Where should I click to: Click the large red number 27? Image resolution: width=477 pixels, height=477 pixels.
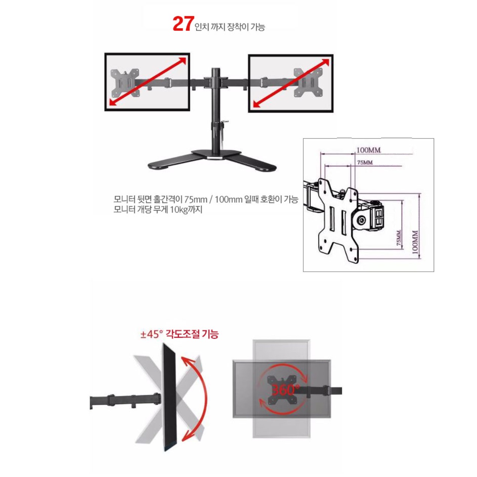182,24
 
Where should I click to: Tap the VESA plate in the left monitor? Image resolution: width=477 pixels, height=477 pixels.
125,83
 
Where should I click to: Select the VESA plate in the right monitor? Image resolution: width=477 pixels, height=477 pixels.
308,83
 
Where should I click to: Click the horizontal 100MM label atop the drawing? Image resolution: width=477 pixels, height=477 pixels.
368,150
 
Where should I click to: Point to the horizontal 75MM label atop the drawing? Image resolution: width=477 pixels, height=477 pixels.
365,163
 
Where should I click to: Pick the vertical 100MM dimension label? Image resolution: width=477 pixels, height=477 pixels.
415,242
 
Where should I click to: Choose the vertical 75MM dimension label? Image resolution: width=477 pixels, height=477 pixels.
399,238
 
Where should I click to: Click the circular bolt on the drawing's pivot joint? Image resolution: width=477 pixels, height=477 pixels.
362,220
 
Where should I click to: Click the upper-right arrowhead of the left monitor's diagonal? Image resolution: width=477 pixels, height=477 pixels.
182,61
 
